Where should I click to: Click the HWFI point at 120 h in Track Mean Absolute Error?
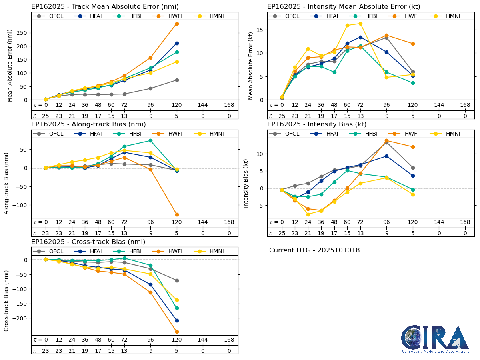click(177, 24)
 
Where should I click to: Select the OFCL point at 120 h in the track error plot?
click(177, 80)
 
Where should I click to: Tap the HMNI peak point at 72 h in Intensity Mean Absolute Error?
click(360, 24)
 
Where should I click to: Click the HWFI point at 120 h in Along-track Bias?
click(177, 214)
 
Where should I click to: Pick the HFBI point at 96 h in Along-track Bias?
click(150, 140)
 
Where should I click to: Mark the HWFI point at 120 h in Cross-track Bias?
click(177, 332)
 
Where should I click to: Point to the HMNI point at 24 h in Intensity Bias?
click(308, 214)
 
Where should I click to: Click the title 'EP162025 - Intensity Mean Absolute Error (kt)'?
click(344, 7)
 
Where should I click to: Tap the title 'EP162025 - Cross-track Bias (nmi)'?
click(88, 242)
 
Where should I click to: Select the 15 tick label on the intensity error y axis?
click(259, 30)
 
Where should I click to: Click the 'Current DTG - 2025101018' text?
click(314, 250)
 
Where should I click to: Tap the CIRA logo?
click(436, 339)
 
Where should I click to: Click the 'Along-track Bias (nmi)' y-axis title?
click(7, 183)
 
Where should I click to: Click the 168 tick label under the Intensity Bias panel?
click(465, 222)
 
